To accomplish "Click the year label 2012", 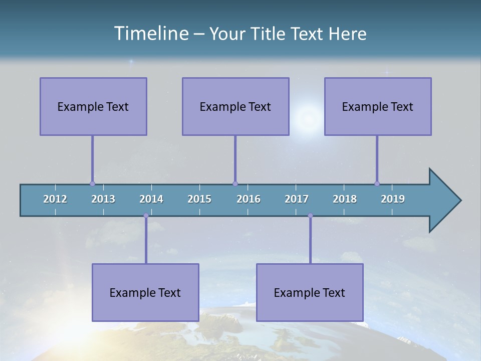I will coord(55,199).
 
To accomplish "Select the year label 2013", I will coord(103,199).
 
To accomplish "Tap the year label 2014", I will coord(151,199).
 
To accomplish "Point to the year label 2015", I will coord(199,199).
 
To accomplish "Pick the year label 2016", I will coord(249,199).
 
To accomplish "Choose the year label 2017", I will coord(297,199).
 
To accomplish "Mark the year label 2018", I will coord(345,199).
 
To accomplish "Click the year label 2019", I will coord(393,199).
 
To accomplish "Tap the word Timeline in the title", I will coord(150,34).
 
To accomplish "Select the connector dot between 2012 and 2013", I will coord(92,184).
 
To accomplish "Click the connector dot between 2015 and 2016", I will coord(235,184).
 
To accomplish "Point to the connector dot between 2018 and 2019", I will coord(377,184).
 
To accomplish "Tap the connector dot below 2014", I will coord(146,216).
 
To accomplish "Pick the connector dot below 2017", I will coord(310,216).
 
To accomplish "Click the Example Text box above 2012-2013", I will coord(93,106).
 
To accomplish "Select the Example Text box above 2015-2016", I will coord(235,106).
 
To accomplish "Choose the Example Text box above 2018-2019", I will coord(378,106).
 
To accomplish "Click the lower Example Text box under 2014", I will coord(145,292).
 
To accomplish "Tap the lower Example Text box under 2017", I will coord(310,292).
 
